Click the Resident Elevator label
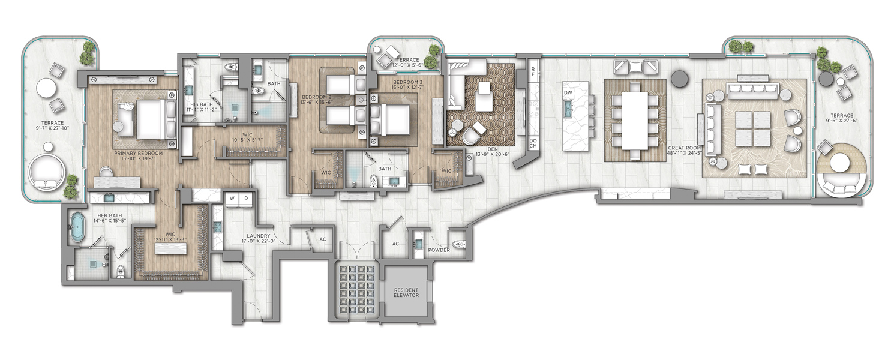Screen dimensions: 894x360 (x=406, y=293)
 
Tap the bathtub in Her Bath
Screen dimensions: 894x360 (x=77, y=227)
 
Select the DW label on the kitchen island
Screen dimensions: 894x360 (x=568, y=92)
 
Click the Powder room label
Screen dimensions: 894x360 (x=439, y=250)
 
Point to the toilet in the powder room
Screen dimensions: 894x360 (x=458, y=244)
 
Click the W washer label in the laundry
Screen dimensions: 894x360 (x=232, y=198)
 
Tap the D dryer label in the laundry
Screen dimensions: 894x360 (x=246, y=198)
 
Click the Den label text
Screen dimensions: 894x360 (x=493, y=149)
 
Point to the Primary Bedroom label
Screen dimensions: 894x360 (x=139, y=153)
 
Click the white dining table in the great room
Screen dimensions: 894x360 (x=635, y=121)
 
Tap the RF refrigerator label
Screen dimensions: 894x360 (x=533, y=71)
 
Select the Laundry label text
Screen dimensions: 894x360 (x=258, y=236)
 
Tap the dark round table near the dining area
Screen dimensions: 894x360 (x=678, y=78)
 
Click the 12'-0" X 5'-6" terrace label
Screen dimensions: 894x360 (x=406, y=65)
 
